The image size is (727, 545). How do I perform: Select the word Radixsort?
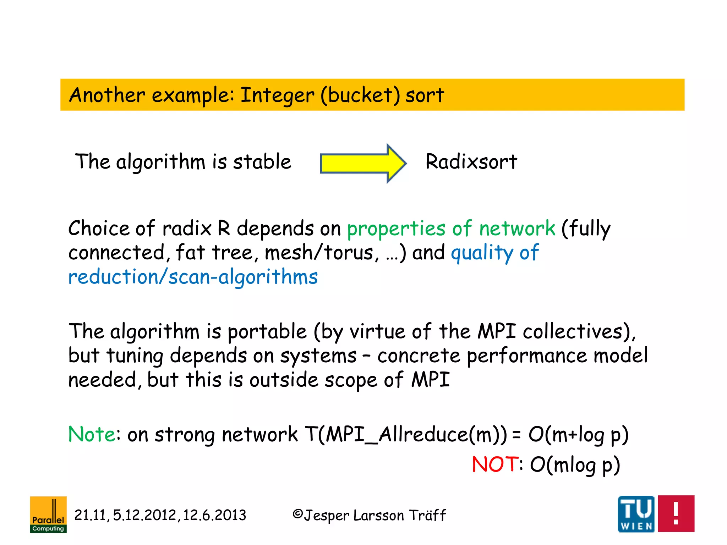[x=471, y=162]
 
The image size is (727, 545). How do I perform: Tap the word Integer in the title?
[x=277, y=96]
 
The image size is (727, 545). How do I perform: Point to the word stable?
[x=262, y=162]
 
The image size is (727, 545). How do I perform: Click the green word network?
[x=517, y=228]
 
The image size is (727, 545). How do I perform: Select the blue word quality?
[x=482, y=253]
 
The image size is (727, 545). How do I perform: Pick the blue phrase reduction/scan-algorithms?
[x=193, y=277]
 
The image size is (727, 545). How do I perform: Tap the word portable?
[x=267, y=332]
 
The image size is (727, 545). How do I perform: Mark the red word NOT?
[x=495, y=464]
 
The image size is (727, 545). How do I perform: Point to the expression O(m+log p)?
[x=578, y=435]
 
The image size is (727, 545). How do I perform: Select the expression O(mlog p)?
[x=575, y=465]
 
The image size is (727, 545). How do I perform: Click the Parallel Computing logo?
[x=48, y=514]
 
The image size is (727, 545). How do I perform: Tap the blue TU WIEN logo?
[x=636, y=514]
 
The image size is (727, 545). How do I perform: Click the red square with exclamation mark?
[x=676, y=513]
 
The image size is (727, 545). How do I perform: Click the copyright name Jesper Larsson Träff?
[x=375, y=515]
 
